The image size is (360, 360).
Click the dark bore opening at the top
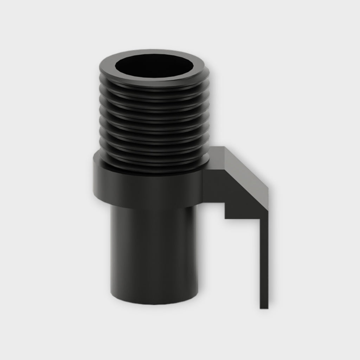pyautogui.click(x=155, y=66)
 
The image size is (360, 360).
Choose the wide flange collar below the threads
pyautogui.click(x=148, y=186)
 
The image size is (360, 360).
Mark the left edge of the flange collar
pyautogui.click(x=94, y=179)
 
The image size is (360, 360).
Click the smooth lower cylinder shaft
pyautogui.click(x=155, y=253)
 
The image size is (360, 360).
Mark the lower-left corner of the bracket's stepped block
pyautogui.click(x=226, y=218)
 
